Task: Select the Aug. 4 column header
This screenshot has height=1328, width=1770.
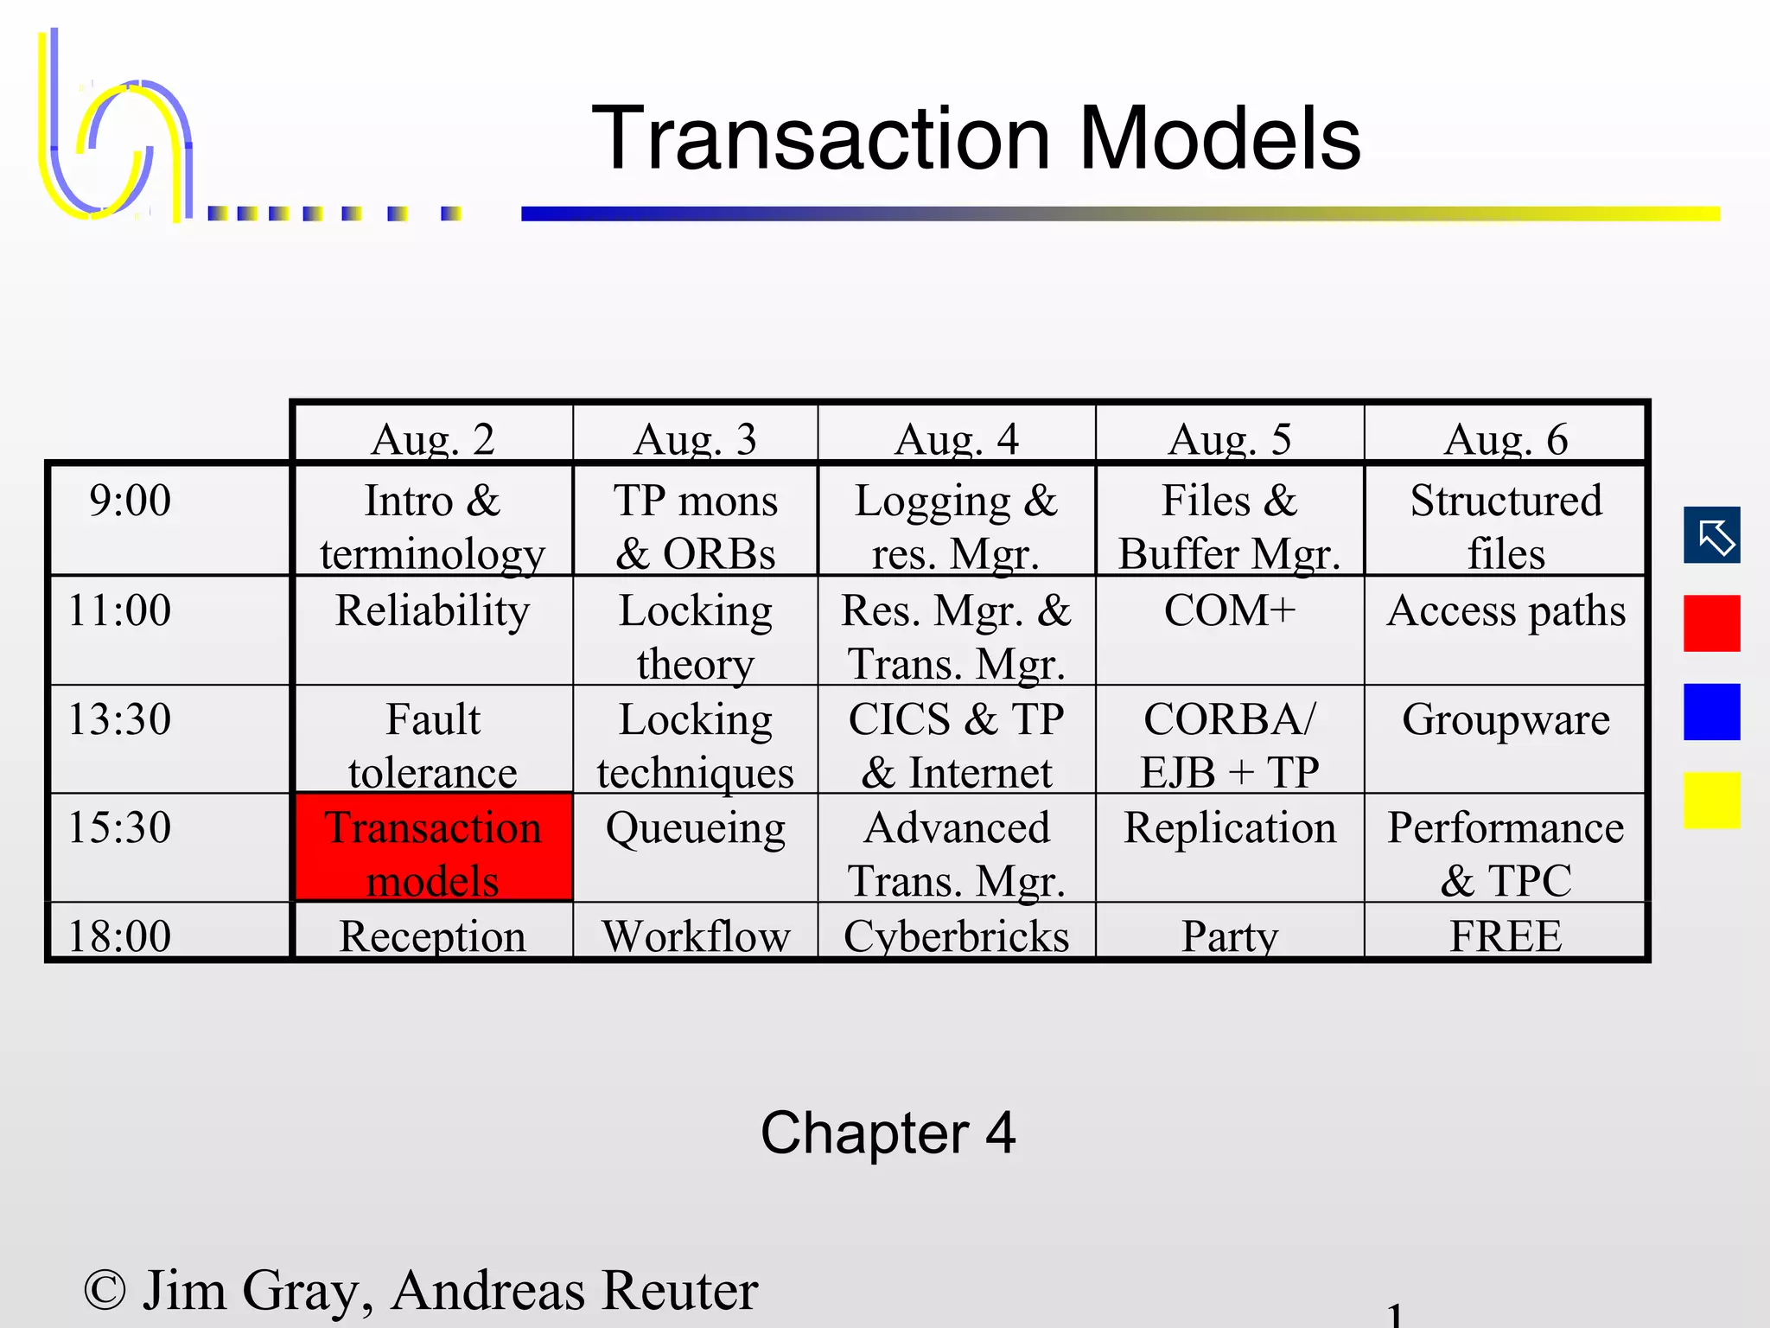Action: point(956,438)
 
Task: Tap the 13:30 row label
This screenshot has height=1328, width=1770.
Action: point(120,719)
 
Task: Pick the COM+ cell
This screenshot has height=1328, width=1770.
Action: point(1229,611)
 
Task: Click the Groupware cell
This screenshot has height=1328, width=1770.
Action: point(1506,719)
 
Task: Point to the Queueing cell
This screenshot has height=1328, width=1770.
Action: point(695,828)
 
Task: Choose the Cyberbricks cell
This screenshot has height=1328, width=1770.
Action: point(956,935)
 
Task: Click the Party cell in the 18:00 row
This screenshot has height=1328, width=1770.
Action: point(1229,935)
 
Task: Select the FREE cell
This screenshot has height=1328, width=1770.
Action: point(1506,935)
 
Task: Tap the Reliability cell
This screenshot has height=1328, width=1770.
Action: point(432,611)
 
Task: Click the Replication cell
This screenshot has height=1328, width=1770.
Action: point(1229,828)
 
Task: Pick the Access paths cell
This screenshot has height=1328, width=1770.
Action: point(1506,611)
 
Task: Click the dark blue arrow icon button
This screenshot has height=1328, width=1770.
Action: point(1711,535)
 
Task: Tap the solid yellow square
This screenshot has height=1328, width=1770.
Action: point(1711,801)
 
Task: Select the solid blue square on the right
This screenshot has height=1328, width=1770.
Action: point(1711,712)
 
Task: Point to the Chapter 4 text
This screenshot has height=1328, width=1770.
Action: point(888,1133)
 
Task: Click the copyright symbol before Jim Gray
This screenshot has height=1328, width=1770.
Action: point(105,1291)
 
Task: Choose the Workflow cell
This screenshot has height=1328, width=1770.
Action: point(695,935)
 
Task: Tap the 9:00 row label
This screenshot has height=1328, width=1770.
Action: point(131,501)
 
